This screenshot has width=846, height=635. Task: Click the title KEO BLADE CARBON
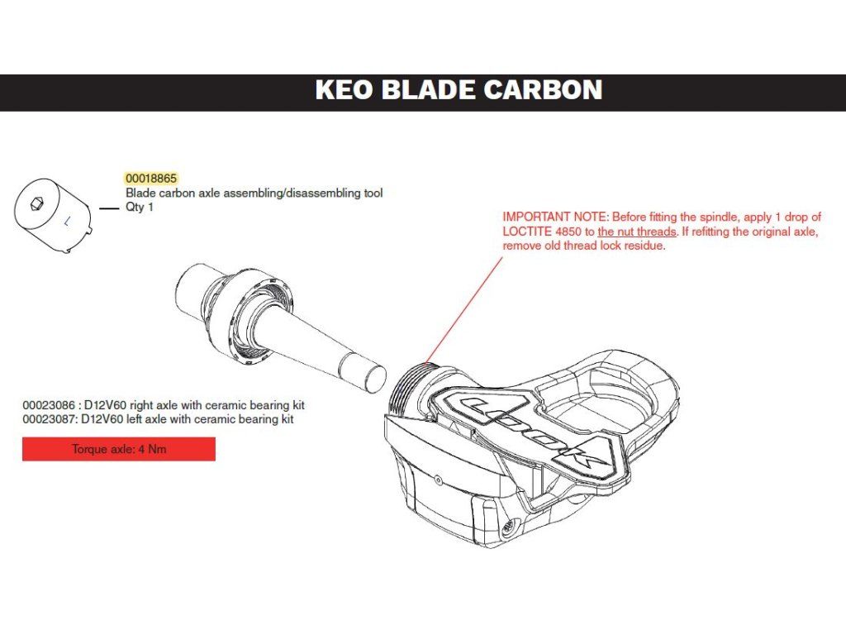click(459, 90)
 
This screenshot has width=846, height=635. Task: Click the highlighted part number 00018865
click(151, 179)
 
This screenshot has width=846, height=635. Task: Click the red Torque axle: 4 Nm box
click(119, 450)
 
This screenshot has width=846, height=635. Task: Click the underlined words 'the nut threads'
click(636, 232)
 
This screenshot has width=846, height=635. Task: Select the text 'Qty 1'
click(140, 208)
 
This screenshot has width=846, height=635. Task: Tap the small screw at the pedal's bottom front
click(510, 523)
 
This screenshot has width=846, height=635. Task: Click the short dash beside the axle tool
click(109, 209)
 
